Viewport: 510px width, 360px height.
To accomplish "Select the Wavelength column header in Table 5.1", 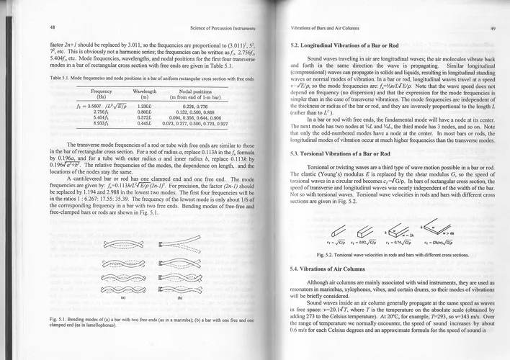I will (x=146, y=93).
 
